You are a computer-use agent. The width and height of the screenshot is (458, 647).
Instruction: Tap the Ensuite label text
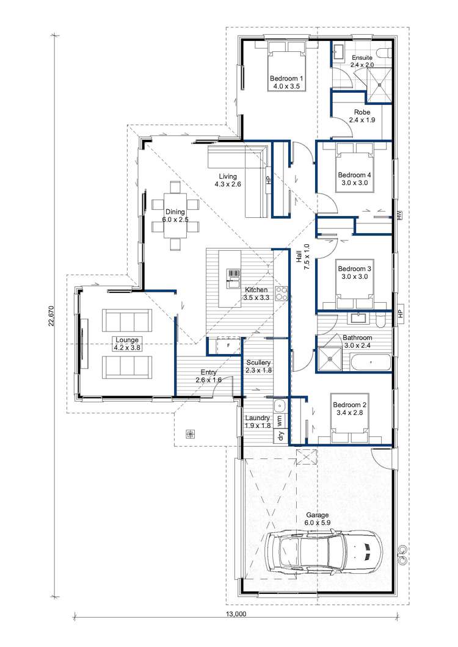(x=362, y=58)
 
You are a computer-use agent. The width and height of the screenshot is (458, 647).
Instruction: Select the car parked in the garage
(x=324, y=552)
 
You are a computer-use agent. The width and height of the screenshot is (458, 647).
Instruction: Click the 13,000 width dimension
(x=236, y=614)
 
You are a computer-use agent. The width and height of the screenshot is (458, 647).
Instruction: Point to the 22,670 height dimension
(x=51, y=316)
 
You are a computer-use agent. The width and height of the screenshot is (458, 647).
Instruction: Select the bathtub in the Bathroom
(x=371, y=363)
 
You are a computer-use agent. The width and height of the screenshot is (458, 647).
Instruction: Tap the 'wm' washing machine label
(x=280, y=421)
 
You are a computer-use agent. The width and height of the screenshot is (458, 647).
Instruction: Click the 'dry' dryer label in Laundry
(x=281, y=436)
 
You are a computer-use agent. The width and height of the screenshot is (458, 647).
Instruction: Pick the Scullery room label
(x=258, y=363)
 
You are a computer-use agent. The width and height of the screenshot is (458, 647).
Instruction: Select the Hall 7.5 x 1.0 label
(x=303, y=256)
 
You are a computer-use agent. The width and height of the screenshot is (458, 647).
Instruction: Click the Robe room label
(x=362, y=112)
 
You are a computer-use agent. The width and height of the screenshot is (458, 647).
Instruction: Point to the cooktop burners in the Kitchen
(x=282, y=294)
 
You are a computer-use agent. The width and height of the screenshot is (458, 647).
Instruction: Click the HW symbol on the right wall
(x=399, y=215)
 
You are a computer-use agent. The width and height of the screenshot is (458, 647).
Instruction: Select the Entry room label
(x=209, y=372)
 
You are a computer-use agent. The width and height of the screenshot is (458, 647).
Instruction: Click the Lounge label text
(x=127, y=340)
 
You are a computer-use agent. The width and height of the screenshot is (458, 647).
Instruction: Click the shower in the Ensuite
(x=379, y=84)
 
